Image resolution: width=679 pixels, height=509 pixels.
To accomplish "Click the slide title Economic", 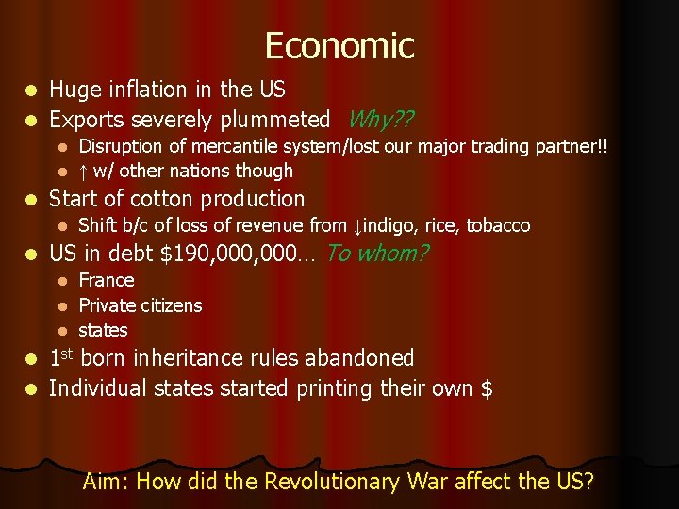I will pyautogui.click(x=339, y=45).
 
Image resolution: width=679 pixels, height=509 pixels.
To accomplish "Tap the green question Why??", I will pyautogui.click(x=382, y=120).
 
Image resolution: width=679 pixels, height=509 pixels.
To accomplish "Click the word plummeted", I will pyautogui.click(x=275, y=120).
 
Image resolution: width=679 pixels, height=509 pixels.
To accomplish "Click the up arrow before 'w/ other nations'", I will pyautogui.click(x=83, y=171).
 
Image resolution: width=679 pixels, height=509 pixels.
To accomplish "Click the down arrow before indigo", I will pyautogui.click(x=357, y=226).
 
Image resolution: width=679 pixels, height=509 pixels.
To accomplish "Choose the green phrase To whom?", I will pyautogui.click(x=377, y=254).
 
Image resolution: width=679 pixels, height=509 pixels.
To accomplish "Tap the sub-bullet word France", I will pyautogui.click(x=107, y=280).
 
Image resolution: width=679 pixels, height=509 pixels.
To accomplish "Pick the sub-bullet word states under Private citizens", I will pyautogui.click(x=103, y=331).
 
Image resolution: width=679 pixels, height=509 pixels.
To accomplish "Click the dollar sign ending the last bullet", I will pyautogui.click(x=487, y=388).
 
